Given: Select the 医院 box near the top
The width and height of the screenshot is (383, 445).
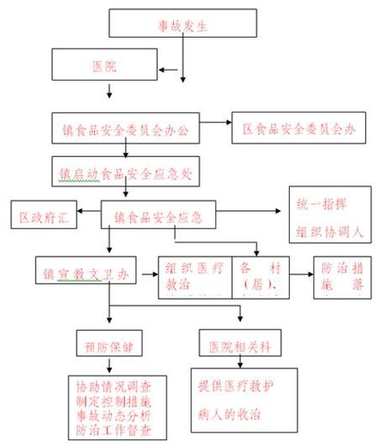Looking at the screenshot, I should (x=106, y=65).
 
